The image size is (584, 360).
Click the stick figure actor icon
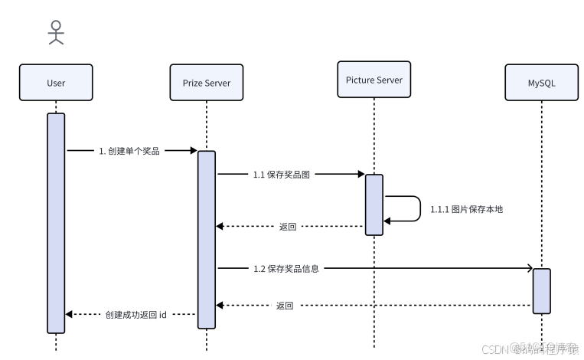pos(56,32)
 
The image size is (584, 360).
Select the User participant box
pos(56,83)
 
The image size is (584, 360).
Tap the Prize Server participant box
pos(207,83)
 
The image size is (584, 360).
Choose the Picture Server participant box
pos(374,80)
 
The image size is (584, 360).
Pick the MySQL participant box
pos(541,83)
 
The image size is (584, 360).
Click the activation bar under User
pos(56,222)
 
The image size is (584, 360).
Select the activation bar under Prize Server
pos(207,239)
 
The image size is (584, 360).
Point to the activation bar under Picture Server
pos(374,204)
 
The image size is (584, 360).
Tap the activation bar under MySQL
pos(541,290)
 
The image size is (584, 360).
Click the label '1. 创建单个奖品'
pos(129,151)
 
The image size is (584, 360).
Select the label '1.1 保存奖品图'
pos(282,175)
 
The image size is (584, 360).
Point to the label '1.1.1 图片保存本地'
pos(466,209)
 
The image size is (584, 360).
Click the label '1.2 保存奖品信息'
pos(286,269)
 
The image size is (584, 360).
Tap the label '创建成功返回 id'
pos(136,315)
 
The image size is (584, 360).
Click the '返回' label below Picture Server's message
pos(288,227)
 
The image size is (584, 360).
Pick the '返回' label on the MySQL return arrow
pos(285,306)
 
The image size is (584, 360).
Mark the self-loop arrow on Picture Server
pos(418,208)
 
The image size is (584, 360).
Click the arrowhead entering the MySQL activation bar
pos(528,269)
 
